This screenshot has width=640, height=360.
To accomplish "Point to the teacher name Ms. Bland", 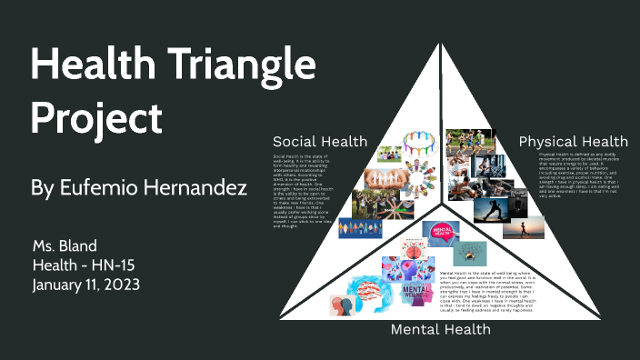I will pyautogui.click(x=63, y=247).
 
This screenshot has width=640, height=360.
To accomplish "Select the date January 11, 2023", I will pyautogui.click(x=85, y=284).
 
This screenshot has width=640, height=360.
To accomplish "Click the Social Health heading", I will pyautogui.click(x=320, y=141).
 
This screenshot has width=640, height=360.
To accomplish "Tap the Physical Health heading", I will pyautogui.click(x=573, y=141).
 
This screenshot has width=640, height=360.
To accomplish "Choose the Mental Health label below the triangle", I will pyautogui.click(x=441, y=329).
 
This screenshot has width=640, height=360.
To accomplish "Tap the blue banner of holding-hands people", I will pyautogui.click(x=360, y=228).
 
